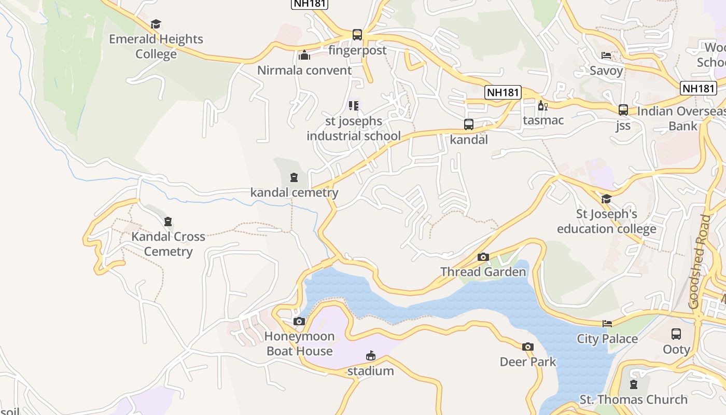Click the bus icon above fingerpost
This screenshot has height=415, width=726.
tap(357, 35)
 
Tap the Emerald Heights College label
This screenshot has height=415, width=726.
tap(156, 47)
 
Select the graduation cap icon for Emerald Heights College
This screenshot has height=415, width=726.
tap(156, 24)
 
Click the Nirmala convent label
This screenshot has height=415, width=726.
tap(304, 71)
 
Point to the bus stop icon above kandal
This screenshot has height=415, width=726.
tap(469, 125)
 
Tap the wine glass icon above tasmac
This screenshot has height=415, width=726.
tap(543, 105)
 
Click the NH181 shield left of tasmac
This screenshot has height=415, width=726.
tap(503, 92)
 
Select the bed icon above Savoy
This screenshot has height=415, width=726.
tap(606, 56)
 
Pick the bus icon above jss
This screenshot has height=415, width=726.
tap(623, 110)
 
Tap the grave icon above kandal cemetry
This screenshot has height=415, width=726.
tap(294, 178)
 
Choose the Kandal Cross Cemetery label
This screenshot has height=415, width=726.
tap(168, 244)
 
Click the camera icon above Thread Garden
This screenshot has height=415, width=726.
tap(483, 257)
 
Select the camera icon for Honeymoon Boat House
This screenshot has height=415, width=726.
tap(299, 321)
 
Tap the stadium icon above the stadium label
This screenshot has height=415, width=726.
tap(370, 356)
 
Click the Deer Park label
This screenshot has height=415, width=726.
tap(528, 362)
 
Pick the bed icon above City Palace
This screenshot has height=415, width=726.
tap(607, 324)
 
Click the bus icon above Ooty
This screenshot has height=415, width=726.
tap(676, 334)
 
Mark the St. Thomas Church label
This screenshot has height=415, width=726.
tap(633, 399)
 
